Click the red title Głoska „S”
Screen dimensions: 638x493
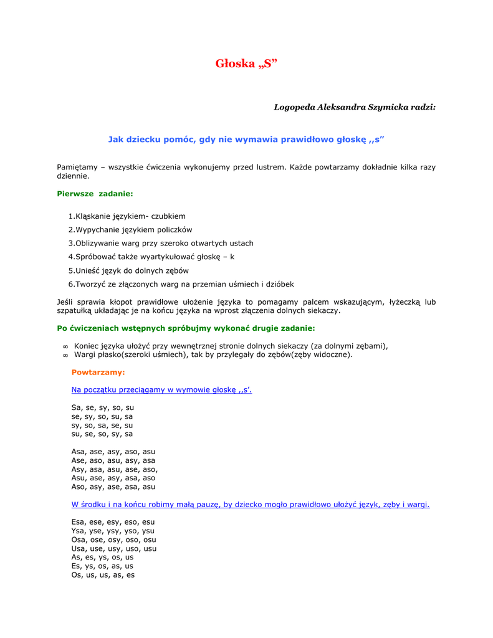click(246, 64)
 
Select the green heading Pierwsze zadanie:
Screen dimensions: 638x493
click(95, 194)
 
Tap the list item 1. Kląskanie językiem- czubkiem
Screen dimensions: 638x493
click(127, 216)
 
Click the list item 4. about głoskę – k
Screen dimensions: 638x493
click(151, 257)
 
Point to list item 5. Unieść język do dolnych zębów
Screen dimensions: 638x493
click(128, 270)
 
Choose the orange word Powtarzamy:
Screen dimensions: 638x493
click(98, 372)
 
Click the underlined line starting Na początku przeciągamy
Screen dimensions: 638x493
click(161, 390)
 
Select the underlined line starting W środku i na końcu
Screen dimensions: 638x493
click(250, 505)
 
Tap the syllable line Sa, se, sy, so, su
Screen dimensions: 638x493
click(103, 407)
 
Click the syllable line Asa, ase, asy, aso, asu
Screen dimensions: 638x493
click(113, 452)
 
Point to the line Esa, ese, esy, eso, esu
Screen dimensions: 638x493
click(113, 522)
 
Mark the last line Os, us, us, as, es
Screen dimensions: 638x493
click(103, 575)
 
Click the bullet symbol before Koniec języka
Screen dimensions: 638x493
click(65, 346)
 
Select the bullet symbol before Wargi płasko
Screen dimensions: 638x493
click(65, 355)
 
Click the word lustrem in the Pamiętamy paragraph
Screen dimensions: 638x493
click(269, 167)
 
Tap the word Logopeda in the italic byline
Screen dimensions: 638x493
click(294, 107)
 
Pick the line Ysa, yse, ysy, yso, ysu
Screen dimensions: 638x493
click(113, 531)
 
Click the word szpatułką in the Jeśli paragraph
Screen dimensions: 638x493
click(74, 310)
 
